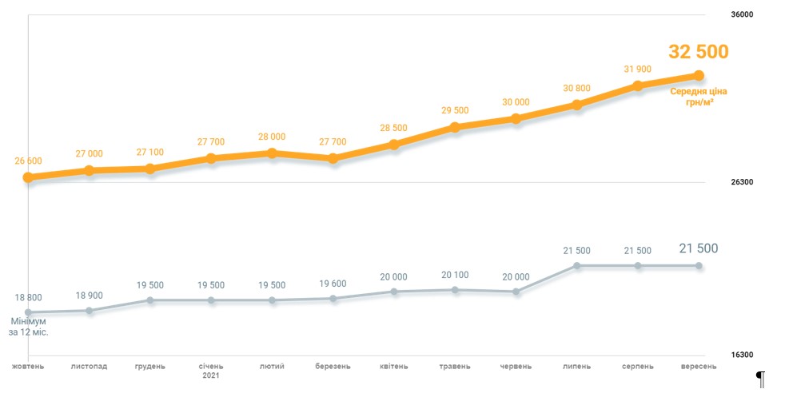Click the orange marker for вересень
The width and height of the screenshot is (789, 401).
coord(699,75)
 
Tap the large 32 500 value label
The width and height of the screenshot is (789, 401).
coord(699,52)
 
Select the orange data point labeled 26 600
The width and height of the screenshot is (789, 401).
coord(28,177)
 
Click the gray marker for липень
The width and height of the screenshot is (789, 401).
coord(577,265)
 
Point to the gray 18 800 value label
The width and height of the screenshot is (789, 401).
coord(28,297)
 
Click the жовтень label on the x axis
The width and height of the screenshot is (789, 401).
coord(28,367)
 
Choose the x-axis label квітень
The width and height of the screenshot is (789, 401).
coord(394,367)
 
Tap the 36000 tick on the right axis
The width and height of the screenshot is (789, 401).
coord(743,14)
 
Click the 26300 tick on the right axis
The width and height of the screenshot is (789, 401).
coord(743,183)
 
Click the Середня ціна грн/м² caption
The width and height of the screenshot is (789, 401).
coord(699,97)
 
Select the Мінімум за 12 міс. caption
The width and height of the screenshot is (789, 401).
coord(28,326)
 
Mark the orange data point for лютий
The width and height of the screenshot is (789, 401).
coord(272,153)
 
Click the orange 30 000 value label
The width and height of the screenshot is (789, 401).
coord(516,102)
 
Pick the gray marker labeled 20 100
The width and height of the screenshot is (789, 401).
coord(455,290)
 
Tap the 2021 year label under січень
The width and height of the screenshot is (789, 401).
coord(211,375)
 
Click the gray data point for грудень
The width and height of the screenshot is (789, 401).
coord(150,300)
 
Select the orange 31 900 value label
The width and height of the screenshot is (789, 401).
coord(638,69)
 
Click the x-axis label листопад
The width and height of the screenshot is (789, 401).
coord(89,367)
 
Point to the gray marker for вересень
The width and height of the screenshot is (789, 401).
coord(699,265)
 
